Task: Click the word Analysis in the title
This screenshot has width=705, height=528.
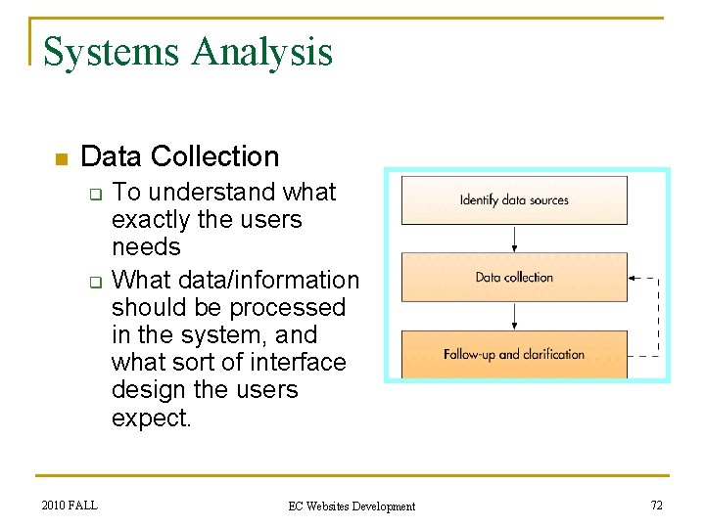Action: point(262,52)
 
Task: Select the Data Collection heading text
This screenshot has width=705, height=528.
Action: point(180,156)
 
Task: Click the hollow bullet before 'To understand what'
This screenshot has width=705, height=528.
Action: point(96,194)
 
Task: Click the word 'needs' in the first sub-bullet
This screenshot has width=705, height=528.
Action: point(146,246)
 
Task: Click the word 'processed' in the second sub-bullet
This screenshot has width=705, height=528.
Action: point(294,307)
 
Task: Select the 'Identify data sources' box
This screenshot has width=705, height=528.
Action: point(514,199)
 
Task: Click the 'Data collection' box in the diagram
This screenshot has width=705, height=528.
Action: point(514,278)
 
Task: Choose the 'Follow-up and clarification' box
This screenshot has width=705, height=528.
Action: point(514,354)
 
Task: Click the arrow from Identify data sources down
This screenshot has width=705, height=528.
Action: point(515,239)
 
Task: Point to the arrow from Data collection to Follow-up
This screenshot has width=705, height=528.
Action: point(515,316)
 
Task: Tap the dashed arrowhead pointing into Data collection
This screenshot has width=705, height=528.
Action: point(634,278)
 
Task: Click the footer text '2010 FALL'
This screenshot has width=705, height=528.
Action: point(70,505)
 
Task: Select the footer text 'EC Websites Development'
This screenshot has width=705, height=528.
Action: point(352,506)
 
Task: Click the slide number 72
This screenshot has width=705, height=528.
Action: point(656,505)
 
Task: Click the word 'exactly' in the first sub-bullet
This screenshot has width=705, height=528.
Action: point(152,219)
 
